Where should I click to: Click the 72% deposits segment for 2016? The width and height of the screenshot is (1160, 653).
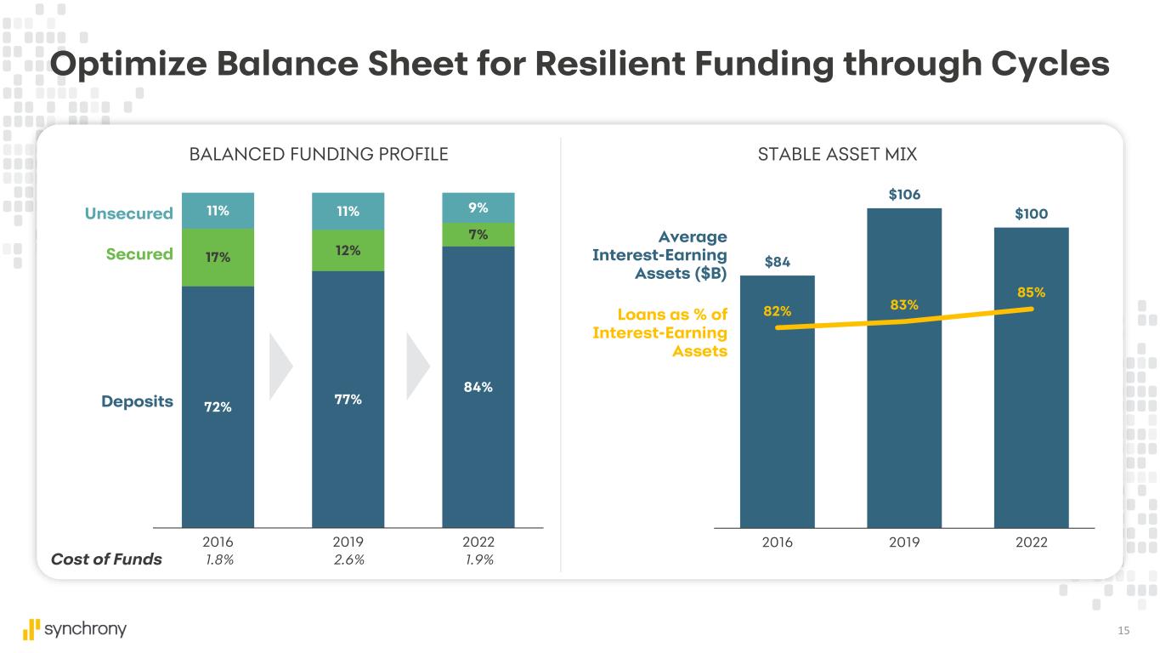click(218, 406)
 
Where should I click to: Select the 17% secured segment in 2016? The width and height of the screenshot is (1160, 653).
click(218, 256)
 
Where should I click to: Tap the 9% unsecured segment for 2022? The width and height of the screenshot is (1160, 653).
click(478, 207)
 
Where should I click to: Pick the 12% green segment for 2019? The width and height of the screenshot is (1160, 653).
click(348, 250)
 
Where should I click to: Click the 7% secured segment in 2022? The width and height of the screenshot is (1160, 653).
click(478, 235)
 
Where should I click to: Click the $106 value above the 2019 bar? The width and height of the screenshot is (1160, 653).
click(903, 195)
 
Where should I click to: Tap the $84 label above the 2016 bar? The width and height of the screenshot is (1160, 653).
click(777, 262)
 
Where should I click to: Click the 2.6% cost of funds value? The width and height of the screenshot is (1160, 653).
click(348, 559)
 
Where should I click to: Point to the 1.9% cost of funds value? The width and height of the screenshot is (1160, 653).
click(478, 559)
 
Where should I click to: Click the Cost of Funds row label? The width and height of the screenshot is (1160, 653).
click(106, 559)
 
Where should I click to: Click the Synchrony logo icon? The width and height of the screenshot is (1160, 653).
click(31, 629)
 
